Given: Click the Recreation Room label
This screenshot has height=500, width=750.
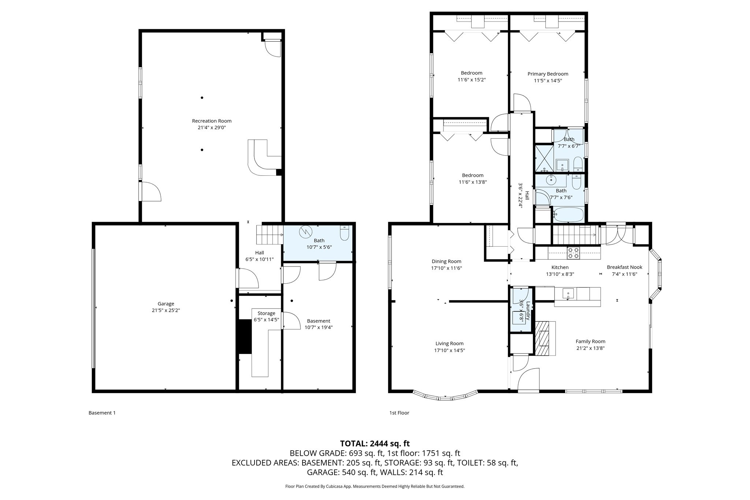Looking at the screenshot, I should pos(212,121).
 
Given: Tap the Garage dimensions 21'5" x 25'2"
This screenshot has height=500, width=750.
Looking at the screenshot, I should pos(166,310).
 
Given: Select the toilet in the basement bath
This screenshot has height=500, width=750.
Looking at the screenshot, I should pos(344,233).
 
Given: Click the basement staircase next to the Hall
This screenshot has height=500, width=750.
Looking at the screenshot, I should pos(269,235).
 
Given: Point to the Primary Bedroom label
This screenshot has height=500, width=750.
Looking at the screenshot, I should pos(547,74).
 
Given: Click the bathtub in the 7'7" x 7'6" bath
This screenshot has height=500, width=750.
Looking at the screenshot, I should pos(568,214).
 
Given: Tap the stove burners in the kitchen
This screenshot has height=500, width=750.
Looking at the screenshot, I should pos(573,253).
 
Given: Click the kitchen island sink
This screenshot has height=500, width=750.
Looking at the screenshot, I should pos(568,293).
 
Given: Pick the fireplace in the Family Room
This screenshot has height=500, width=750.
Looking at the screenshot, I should pos(545,338).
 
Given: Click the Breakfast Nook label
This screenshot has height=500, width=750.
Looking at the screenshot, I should pos(624,267).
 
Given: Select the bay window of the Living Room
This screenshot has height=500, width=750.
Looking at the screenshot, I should pos(445,397).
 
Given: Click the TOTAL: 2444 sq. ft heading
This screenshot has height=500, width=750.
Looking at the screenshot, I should pos(375,444).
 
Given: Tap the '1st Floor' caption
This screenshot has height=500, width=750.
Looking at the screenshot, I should pos(399,413).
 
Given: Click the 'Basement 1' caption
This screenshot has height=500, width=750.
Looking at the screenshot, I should pos(102,413).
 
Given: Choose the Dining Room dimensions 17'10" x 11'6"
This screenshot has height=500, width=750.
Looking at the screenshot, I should pos(446,268).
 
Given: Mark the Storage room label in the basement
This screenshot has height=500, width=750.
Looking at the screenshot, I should pos(266,313).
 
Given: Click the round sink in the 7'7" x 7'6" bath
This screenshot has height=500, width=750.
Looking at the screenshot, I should pos(551,180).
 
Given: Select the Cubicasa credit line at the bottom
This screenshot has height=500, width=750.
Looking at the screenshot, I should pos(375,486).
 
